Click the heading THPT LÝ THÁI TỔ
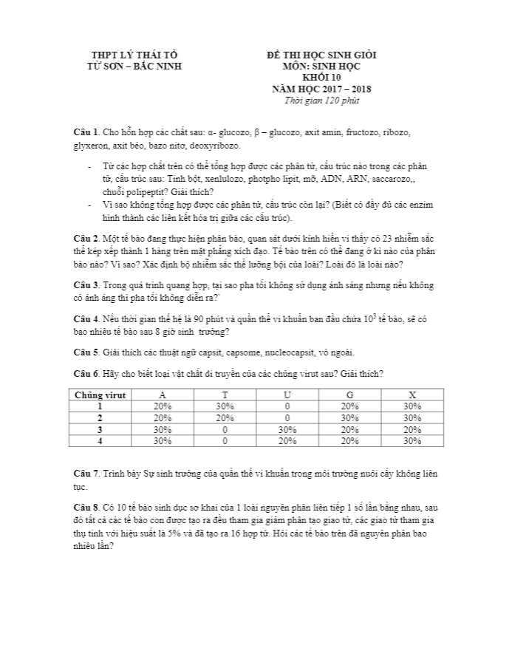tap(134, 55)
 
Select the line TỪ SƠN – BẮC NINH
tap(134, 66)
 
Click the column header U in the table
tap(287, 395)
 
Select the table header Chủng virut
tap(100, 395)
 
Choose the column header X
tap(412, 395)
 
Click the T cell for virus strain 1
tap(225, 406)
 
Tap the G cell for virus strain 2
tap(349, 417)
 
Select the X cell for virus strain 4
tap(412, 441)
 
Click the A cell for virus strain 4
tap(163, 441)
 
